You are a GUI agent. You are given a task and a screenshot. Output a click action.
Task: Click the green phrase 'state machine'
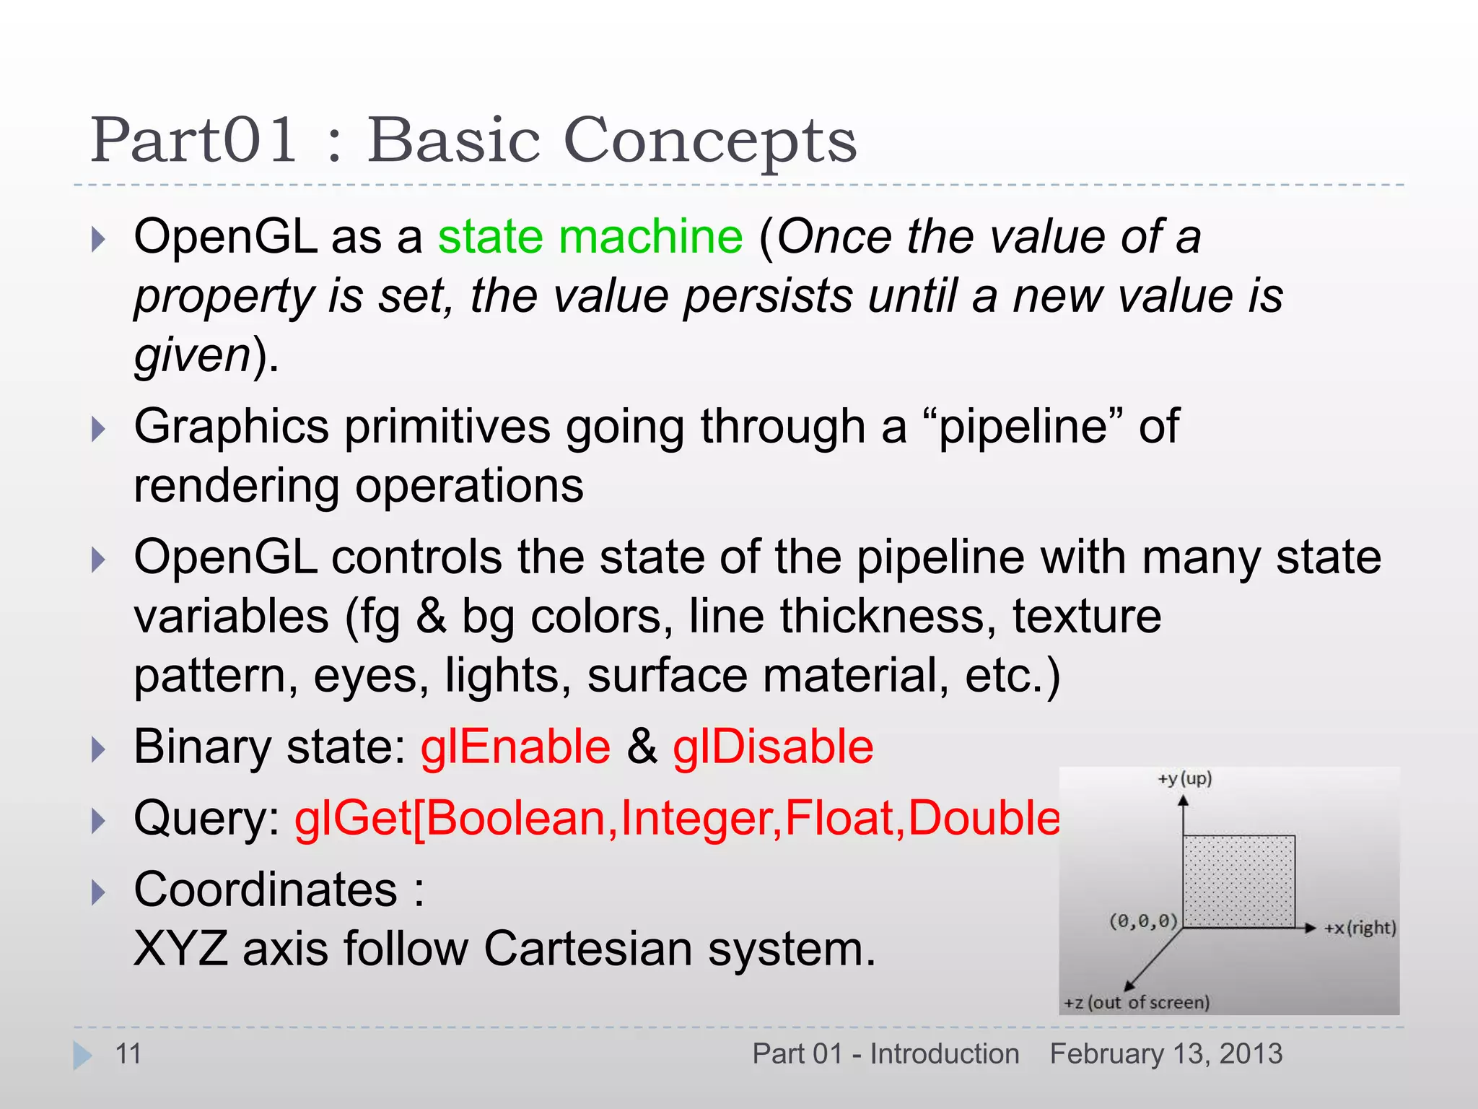(x=590, y=237)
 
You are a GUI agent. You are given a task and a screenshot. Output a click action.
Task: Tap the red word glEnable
(x=515, y=747)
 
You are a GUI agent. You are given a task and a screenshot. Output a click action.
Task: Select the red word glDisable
(x=773, y=747)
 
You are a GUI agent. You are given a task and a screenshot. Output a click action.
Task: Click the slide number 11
(x=128, y=1054)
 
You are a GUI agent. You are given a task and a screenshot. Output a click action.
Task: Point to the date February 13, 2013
(x=1166, y=1054)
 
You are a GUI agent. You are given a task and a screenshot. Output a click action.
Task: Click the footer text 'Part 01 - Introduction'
(x=886, y=1054)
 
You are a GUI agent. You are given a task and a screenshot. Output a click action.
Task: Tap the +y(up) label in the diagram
(x=1184, y=778)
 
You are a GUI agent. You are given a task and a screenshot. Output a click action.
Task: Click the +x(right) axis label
(x=1360, y=928)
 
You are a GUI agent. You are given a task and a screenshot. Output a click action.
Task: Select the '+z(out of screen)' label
(x=1137, y=1002)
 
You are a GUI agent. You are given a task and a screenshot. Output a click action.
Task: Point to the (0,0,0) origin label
(x=1143, y=921)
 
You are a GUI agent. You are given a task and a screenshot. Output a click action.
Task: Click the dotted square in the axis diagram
(x=1238, y=881)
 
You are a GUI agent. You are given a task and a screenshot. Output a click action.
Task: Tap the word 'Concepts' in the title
(x=709, y=141)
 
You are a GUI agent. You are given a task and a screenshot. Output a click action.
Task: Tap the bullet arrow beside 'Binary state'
(x=99, y=749)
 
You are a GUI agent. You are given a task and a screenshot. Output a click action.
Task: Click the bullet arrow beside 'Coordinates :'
(x=99, y=892)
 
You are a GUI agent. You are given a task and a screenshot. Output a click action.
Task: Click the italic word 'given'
(x=192, y=356)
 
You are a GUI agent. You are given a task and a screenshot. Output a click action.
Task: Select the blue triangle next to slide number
(x=82, y=1055)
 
